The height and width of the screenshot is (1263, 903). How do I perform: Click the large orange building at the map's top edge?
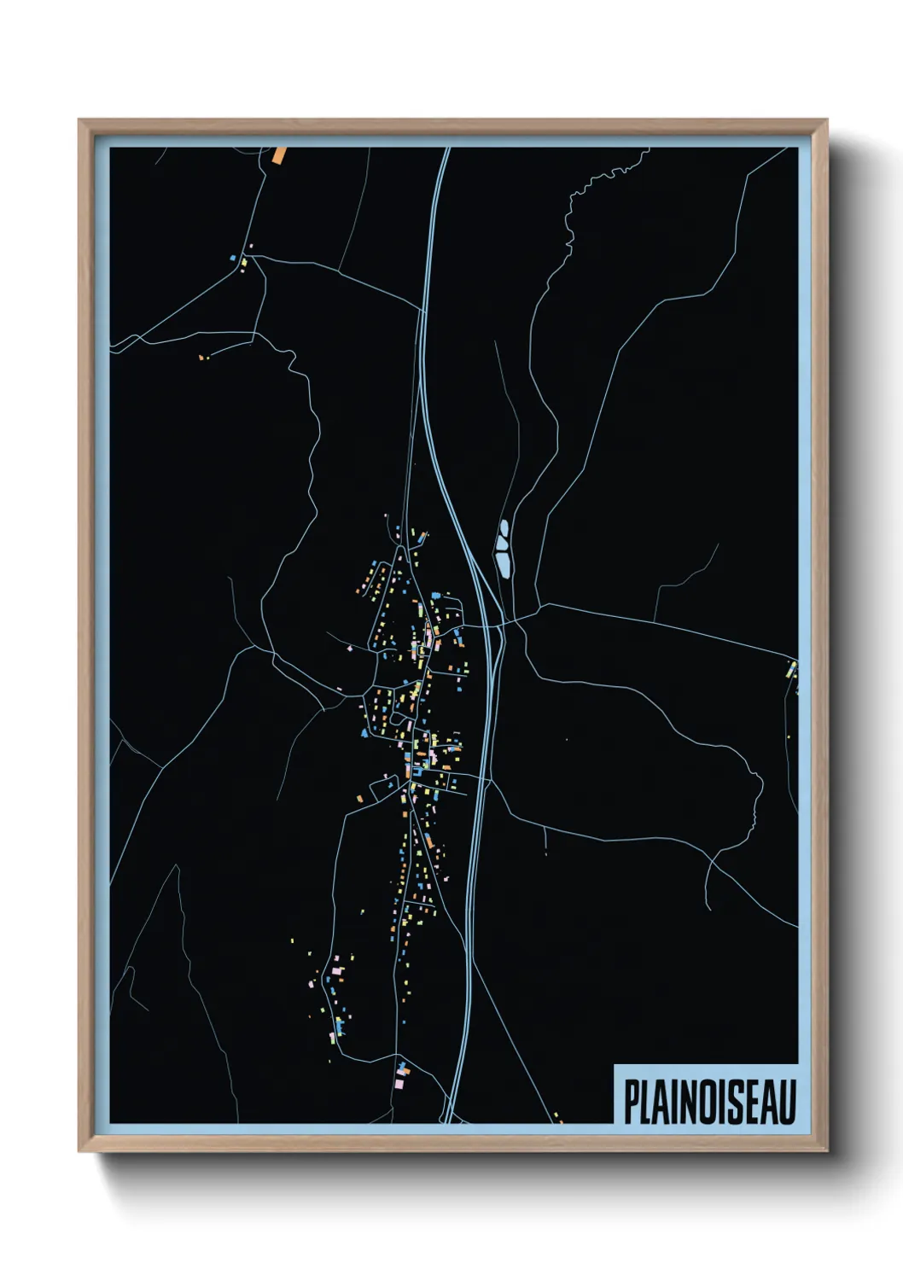[279, 154]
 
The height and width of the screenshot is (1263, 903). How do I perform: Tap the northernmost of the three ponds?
[503, 527]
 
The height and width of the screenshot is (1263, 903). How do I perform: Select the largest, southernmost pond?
[504, 564]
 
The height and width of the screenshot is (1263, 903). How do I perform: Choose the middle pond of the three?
[501, 542]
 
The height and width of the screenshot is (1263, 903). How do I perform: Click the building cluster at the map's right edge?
[792, 671]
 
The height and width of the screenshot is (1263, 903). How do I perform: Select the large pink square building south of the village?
[338, 970]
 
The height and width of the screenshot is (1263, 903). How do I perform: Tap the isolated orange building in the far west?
[201, 358]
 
